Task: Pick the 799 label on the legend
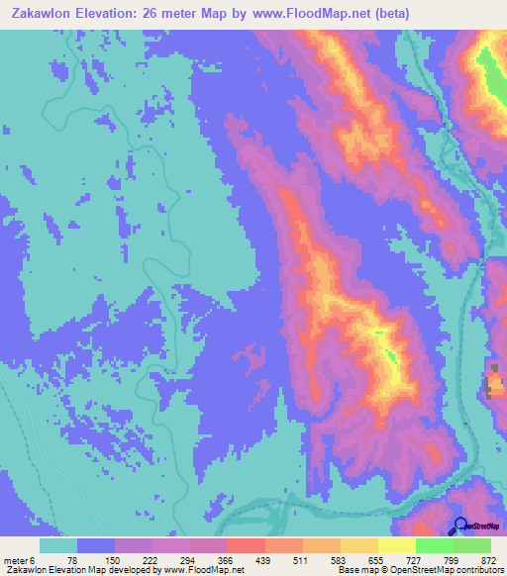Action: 453,559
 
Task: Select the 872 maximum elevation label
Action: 489,559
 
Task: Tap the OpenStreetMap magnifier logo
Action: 460,527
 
